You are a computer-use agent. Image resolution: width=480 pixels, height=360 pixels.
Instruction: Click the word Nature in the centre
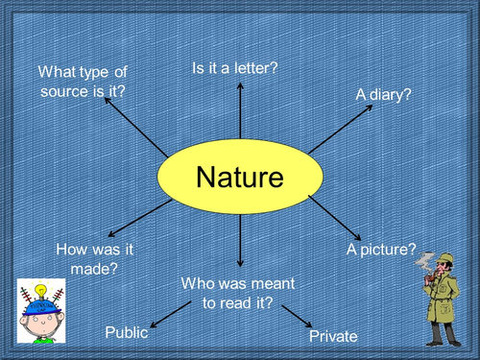pyautogui.click(x=240, y=178)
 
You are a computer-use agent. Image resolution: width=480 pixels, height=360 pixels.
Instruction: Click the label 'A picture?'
pyautogui.click(x=380, y=251)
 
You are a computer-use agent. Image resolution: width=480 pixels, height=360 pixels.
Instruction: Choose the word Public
pyautogui.click(x=126, y=332)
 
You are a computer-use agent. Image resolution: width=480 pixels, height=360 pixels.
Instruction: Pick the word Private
pyautogui.click(x=333, y=337)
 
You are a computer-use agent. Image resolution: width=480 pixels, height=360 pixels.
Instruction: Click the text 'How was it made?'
pyautogui.click(x=94, y=258)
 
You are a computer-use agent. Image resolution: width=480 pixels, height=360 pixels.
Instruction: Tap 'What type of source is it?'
pyautogui.click(x=83, y=80)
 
